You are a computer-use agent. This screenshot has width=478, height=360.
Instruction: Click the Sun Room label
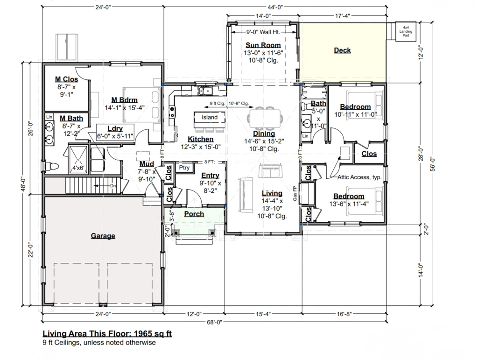coord(263,45)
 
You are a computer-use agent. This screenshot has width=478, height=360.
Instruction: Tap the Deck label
coord(342,50)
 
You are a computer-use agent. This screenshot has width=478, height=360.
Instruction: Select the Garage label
coord(103,236)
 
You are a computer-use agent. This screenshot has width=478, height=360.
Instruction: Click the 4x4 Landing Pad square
coord(406,31)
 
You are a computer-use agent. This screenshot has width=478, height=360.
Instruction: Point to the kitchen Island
coord(210,117)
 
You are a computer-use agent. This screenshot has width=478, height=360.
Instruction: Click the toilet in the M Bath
coord(50,166)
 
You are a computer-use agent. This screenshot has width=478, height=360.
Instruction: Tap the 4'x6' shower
coord(78,159)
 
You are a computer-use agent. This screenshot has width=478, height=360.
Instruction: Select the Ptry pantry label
coord(184,167)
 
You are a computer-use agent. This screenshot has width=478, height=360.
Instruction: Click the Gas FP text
coord(295,193)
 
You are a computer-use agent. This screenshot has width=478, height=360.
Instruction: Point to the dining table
coord(265,118)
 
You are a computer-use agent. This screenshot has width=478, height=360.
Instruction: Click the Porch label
coord(194,214)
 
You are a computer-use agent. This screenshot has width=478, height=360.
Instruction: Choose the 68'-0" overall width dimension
coord(214,322)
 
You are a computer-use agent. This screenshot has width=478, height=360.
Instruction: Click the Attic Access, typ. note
coord(359,177)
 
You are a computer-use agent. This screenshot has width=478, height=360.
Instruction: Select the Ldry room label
coord(115,128)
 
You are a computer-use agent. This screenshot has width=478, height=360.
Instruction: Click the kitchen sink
coord(205,91)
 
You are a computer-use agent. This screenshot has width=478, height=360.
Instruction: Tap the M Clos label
coord(66,79)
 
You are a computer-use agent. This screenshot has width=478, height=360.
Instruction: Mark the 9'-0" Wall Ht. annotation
coord(263,32)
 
